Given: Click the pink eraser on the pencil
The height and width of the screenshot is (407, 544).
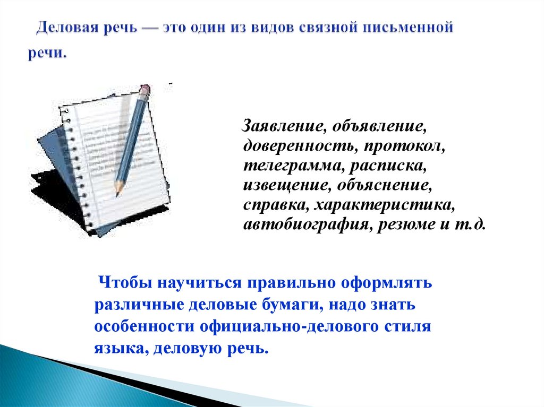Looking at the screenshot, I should pos(145,89).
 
